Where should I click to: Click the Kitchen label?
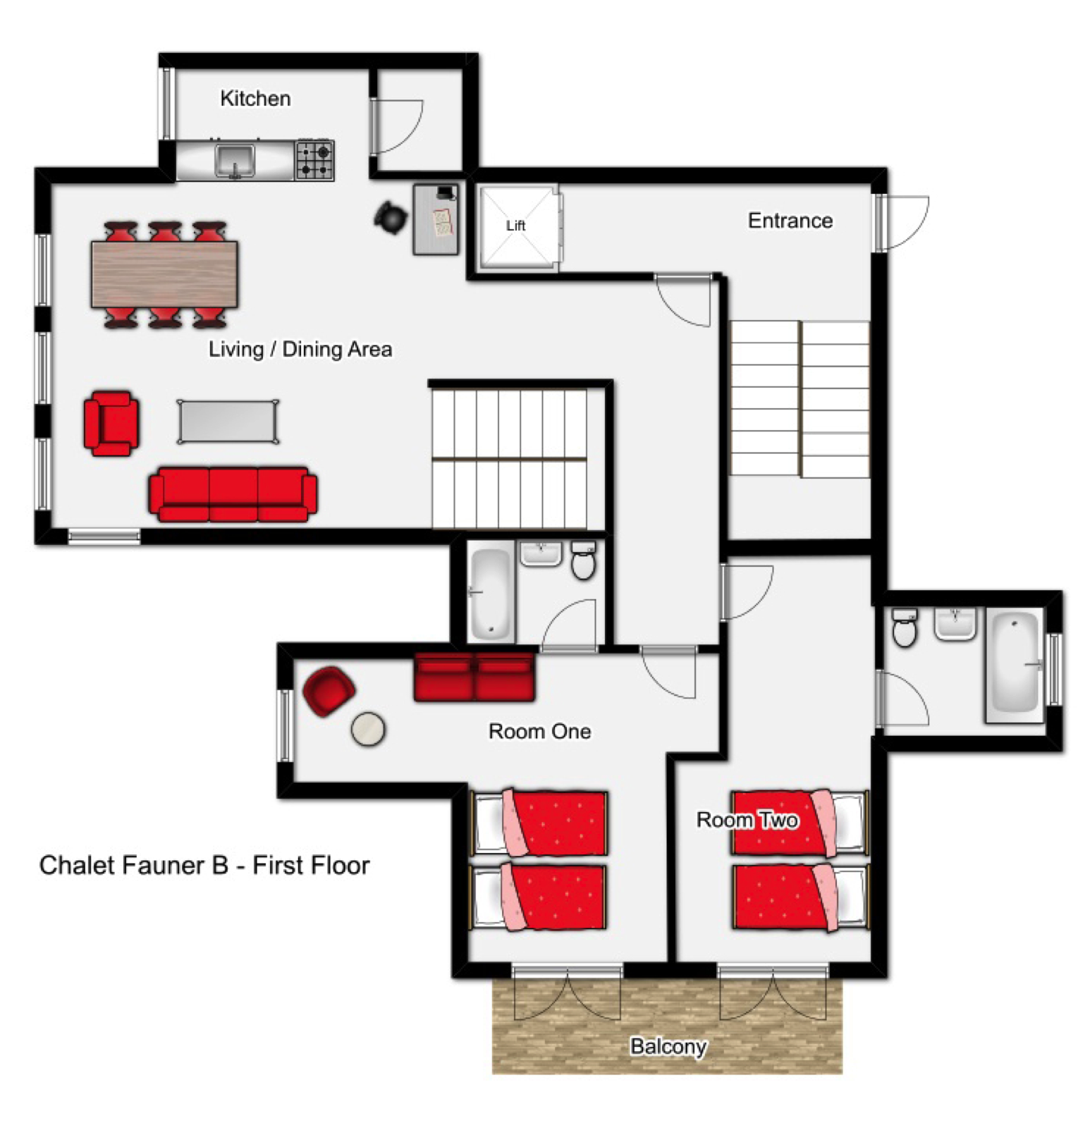(255, 98)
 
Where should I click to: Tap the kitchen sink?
(235, 160)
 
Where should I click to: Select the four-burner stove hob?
(314, 160)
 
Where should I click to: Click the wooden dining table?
(164, 274)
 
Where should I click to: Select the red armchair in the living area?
(111, 423)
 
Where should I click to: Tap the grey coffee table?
(228, 422)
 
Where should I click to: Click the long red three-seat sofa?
(233, 493)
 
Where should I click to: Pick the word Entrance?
(790, 221)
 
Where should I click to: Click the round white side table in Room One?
(368, 729)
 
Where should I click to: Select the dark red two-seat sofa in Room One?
(474, 677)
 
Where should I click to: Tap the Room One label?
(539, 731)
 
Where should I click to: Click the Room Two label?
(747, 819)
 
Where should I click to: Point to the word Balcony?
(668, 1046)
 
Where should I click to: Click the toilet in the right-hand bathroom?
(905, 627)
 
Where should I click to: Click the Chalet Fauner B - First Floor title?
(204, 865)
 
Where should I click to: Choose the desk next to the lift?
(436, 219)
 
